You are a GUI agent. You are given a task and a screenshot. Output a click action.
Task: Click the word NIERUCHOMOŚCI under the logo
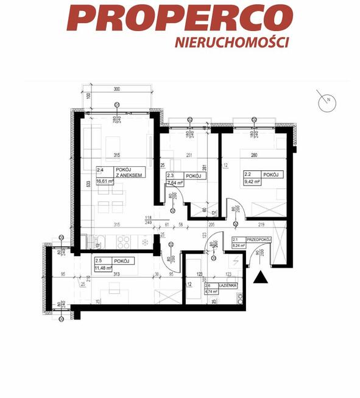[x=231, y=42]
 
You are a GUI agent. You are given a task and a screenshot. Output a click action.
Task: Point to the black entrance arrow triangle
[x=261, y=278]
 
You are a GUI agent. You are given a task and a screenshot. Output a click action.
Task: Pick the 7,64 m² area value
[x=177, y=182]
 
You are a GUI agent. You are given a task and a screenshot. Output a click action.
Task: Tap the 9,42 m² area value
[x=253, y=181]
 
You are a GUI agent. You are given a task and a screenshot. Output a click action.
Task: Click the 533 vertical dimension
[x=71, y=183]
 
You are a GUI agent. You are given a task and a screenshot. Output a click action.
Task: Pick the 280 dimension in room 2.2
[x=255, y=155]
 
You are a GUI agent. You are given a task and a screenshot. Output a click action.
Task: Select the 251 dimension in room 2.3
[x=189, y=155]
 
